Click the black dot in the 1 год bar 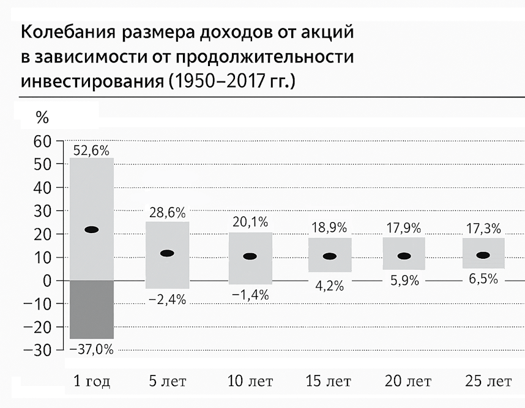click(x=91, y=230)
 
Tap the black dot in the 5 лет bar click(x=166, y=253)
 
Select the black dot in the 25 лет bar click(x=483, y=256)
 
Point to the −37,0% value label click(x=91, y=349)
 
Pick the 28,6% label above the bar click(x=167, y=213)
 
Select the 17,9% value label click(x=404, y=228)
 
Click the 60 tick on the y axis click(x=44, y=141)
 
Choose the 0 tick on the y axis click(x=48, y=281)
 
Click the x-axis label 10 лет click(x=250, y=382)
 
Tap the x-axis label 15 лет click(x=329, y=382)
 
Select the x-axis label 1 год click(x=91, y=382)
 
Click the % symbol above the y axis click(x=42, y=116)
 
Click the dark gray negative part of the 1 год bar click(x=91, y=309)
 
